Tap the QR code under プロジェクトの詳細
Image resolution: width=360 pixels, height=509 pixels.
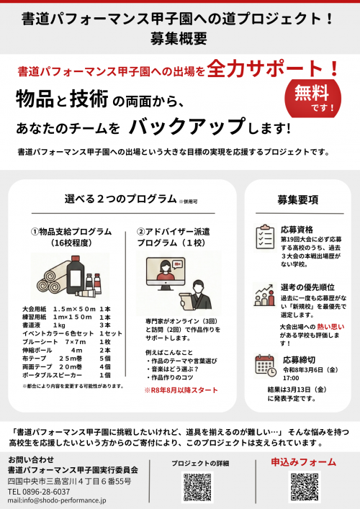click(197, 487)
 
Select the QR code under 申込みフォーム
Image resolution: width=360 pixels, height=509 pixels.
click(304, 487)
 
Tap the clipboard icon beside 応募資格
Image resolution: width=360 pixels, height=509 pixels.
click(264, 235)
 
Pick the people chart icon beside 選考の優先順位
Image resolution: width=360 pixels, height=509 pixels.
click(264, 294)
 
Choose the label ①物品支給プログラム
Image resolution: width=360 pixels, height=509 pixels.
click(71, 232)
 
